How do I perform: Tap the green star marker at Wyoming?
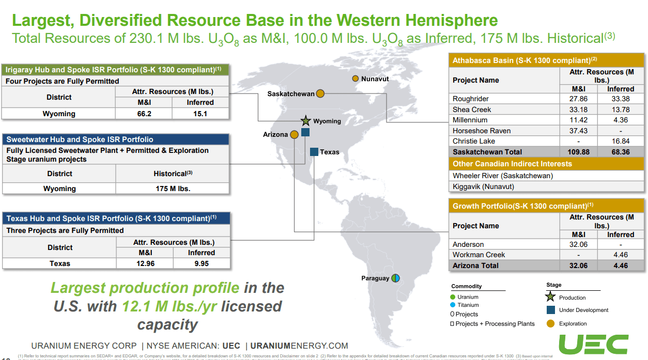(305, 121)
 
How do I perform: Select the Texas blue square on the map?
(314, 152)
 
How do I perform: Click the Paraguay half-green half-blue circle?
(395, 278)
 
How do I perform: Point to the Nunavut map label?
(375, 79)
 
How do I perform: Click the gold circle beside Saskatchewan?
(320, 93)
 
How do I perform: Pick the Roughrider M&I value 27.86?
(578, 99)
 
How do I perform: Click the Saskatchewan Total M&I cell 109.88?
(578, 152)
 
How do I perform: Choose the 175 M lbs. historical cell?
(173, 189)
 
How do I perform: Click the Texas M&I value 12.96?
(145, 263)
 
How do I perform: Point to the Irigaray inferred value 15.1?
(200, 114)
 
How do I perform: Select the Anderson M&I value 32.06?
(578, 244)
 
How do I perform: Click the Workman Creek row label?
(479, 255)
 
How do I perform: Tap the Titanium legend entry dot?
(453, 305)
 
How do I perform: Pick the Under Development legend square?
(550, 310)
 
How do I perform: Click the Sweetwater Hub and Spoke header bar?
(116, 139)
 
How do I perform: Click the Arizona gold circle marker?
(294, 134)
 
